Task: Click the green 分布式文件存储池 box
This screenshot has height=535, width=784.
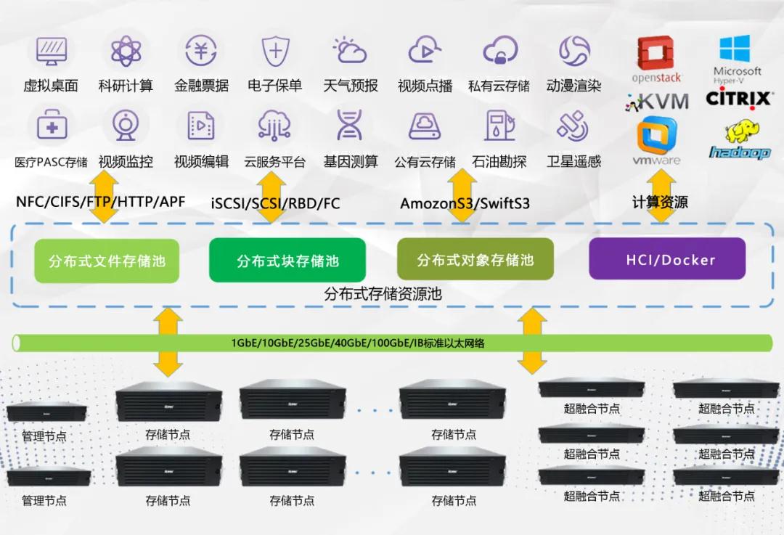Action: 106,261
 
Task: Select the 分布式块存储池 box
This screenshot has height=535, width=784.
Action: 287,261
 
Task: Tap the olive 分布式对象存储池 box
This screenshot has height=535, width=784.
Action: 475,259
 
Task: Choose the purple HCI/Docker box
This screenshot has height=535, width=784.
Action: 666,259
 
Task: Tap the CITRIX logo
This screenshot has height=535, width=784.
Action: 738,98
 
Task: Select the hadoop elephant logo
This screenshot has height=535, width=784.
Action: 739,140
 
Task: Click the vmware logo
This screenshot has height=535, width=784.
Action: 656,142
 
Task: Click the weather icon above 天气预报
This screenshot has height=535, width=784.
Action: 350,50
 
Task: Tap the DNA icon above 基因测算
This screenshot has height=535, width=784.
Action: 349,126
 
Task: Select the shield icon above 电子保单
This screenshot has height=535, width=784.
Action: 275,50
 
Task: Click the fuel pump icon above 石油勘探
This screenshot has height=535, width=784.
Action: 499,126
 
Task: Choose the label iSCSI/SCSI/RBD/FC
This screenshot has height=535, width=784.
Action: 275,204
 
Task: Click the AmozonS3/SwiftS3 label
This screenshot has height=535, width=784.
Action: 465,204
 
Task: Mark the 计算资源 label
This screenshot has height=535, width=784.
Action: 660,203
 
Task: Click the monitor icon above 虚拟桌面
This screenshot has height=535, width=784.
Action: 51,50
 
